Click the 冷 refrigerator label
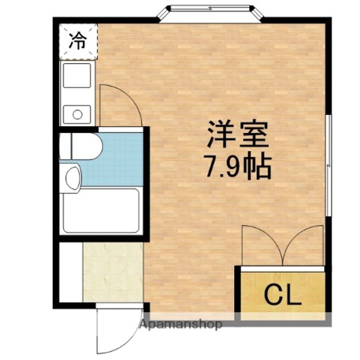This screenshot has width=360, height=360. pos(76,40)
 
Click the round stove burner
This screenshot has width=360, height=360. pos(77,114)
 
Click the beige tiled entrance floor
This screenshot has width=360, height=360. pos(113,271)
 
